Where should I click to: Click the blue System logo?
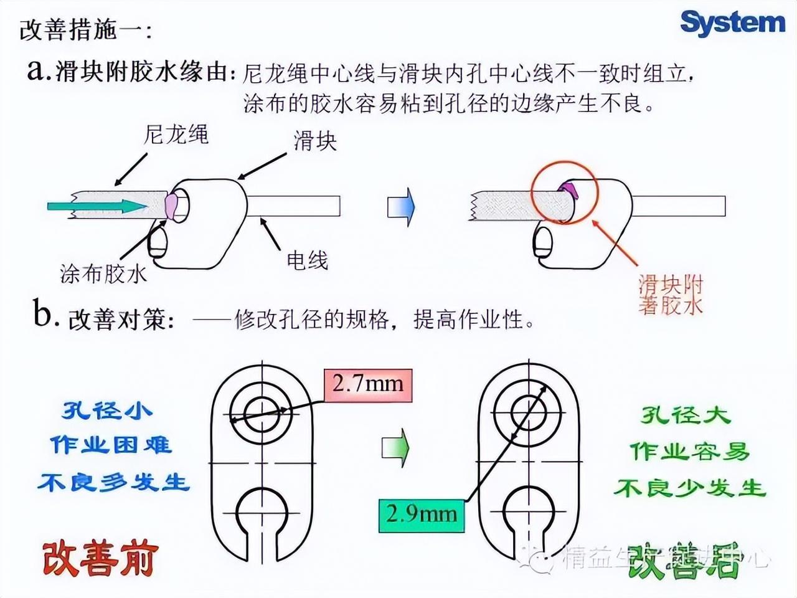[733, 23]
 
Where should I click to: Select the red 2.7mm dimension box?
[367, 383]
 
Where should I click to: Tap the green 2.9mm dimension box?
[422, 515]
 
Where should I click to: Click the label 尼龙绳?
[176, 135]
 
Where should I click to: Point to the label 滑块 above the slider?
[315, 141]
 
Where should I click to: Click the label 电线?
[307, 260]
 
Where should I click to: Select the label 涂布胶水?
[103, 273]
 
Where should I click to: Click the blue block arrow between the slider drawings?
[401, 206]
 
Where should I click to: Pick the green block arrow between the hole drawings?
[395, 447]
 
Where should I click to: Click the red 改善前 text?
[100, 558]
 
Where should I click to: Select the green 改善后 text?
[683, 561]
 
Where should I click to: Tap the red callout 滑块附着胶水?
[671, 295]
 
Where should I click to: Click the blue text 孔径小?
[106, 411]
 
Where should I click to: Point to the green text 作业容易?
[689, 451]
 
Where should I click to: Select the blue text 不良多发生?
[113, 483]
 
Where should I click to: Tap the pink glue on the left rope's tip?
[171, 205]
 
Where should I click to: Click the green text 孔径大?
[685, 415]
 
